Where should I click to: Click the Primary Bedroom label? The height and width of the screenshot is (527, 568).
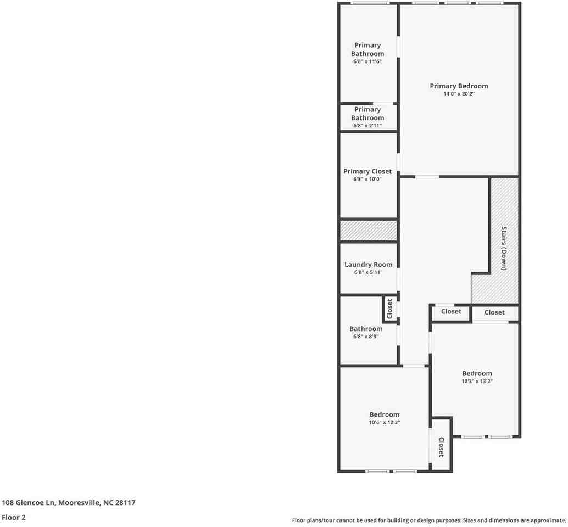[x=459, y=86]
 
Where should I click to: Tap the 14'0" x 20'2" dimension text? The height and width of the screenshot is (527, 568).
[x=459, y=94]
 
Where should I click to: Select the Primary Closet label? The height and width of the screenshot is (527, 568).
[x=367, y=172]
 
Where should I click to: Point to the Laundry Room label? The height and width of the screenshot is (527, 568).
[x=368, y=265]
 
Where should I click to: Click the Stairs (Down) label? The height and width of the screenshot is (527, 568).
[x=504, y=248]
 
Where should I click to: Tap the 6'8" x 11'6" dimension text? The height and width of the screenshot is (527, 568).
[x=367, y=62]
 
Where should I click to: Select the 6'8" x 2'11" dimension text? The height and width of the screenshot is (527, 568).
[x=367, y=126]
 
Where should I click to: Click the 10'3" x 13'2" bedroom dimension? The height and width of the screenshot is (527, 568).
[x=477, y=381]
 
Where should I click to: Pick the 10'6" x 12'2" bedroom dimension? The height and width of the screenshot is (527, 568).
[x=385, y=422]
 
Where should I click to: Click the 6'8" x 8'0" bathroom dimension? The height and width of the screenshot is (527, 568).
[x=366, y=337]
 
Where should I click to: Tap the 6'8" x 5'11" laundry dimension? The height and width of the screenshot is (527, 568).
[x=368, y=272]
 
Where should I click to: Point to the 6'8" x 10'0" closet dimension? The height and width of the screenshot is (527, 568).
[x=367, y=180]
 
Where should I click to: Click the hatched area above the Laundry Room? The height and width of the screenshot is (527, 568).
[x=369, y=231]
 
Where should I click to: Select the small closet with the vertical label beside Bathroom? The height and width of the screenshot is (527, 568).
[x=390, y=309]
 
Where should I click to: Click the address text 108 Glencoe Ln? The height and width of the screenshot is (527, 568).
[x=28, y=503]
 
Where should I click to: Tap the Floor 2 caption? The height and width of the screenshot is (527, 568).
[x=14, y=518]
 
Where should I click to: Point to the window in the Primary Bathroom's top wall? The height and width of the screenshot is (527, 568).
[x=370, y=3]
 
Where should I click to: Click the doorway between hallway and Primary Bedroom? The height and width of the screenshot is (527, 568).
[x=427, y=177]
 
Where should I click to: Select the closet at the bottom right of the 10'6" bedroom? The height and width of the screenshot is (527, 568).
[x=441, y=445]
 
